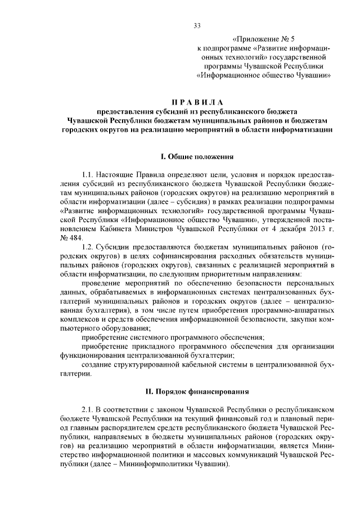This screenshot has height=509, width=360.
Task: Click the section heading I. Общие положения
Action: point(196,155)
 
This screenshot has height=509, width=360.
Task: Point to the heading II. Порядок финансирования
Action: point(196,391)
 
